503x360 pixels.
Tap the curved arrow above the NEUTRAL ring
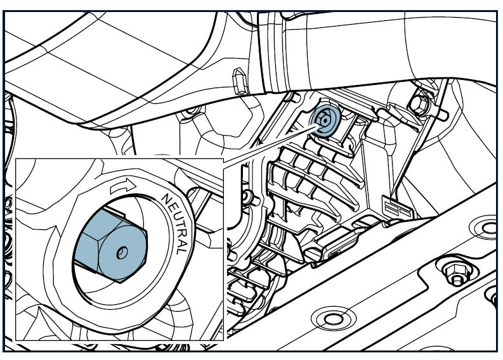click(x=123, y=186)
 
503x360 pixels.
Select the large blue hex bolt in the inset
click(x=110, y=246)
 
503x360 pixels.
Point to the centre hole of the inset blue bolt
click(x=122, y=252)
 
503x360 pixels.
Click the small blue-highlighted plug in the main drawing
click(x=325, y=120)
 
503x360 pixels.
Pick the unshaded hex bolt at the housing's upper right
click(x=419, y=104)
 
